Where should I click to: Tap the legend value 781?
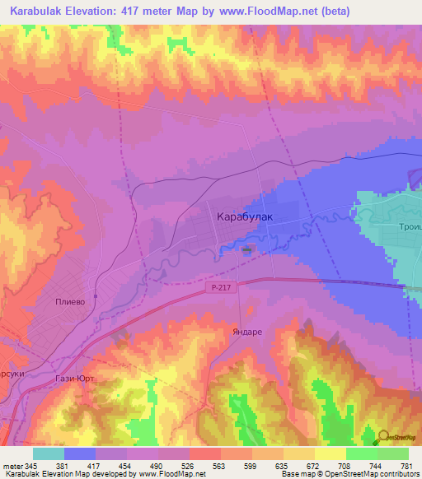point(407,467)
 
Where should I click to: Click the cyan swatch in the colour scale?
point(48,453)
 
